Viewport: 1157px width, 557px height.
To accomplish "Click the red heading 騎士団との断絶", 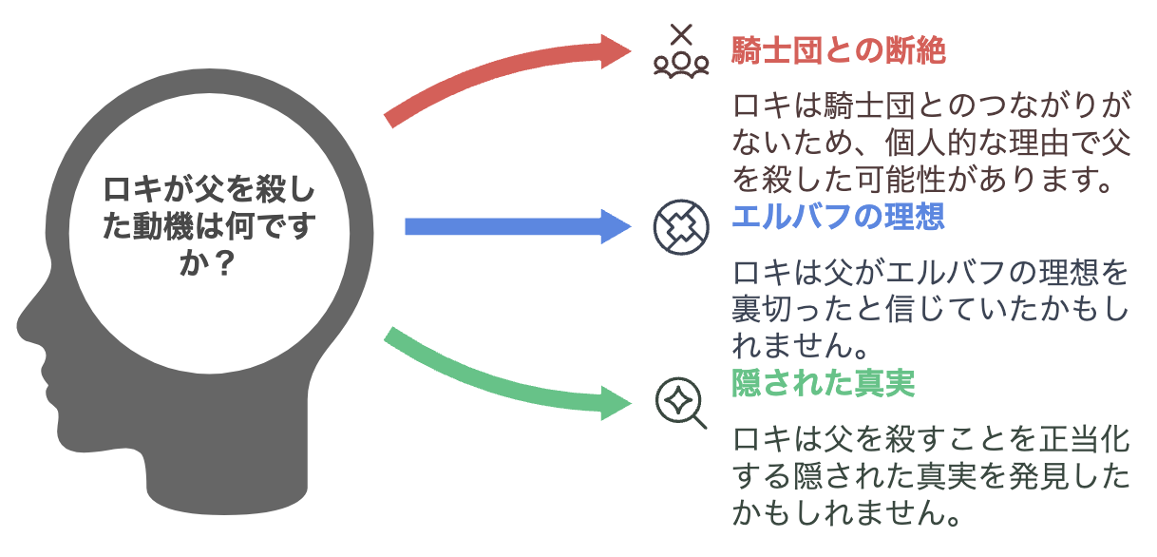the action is [839, 50].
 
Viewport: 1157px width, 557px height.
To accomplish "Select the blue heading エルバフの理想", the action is [839, 217].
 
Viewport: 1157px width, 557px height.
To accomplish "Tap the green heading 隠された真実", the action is [824, 383].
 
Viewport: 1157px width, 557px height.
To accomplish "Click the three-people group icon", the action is [681, 65].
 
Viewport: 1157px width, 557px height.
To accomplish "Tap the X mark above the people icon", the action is [681, 34].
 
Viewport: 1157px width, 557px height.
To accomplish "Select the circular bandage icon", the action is [681, 227].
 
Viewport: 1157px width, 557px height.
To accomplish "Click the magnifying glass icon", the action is [681, 403].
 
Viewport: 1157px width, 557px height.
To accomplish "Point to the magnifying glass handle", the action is [698, 422].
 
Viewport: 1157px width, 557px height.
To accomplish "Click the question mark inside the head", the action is [224, 263].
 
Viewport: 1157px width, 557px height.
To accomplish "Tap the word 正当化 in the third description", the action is [1084, 439].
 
